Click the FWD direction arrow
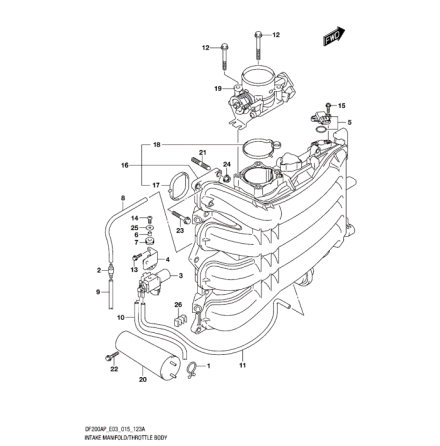[x=329, y=38]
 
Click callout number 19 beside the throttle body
[x=218, y=88]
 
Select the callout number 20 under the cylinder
[x=142, y=379]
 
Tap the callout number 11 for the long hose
[x=242, y=367]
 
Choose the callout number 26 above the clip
[x=178, y=305]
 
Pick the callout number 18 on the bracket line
[x=157, y=145]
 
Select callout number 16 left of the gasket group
[x=125, y=166]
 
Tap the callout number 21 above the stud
[x=203, y=153]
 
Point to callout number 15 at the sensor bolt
[x=342, y=104]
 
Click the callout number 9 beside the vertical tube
[x=98, y=292]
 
